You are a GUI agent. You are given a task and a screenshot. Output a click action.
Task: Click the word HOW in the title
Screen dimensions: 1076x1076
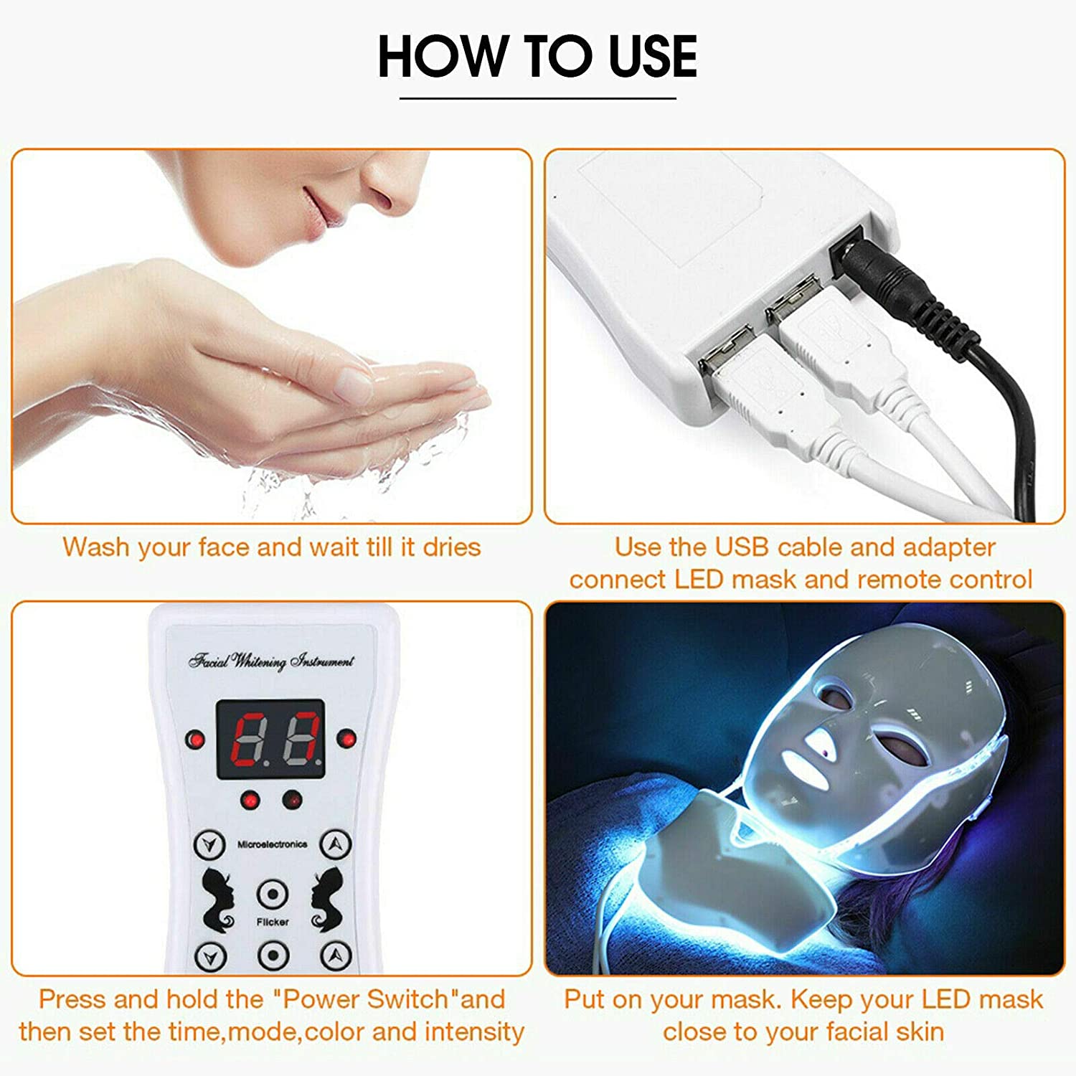tap(440, 57)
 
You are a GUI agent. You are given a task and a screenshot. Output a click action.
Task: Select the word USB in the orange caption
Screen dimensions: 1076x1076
tap(742, 547)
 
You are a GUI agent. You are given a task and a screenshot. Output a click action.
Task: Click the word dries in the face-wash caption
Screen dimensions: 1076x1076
tap(451, 547)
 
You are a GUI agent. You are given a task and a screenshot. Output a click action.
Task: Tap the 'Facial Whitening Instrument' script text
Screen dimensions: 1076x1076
tap(271, 661)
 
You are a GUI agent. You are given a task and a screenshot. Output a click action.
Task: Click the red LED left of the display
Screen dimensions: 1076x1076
tap(194, 740)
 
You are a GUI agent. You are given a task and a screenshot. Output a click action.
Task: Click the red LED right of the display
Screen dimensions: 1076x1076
tap(346, 737)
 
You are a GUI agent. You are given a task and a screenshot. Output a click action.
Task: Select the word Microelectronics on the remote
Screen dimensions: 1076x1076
tap(272, 844)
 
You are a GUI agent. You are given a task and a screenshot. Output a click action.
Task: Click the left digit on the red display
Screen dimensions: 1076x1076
tap(247, 740)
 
